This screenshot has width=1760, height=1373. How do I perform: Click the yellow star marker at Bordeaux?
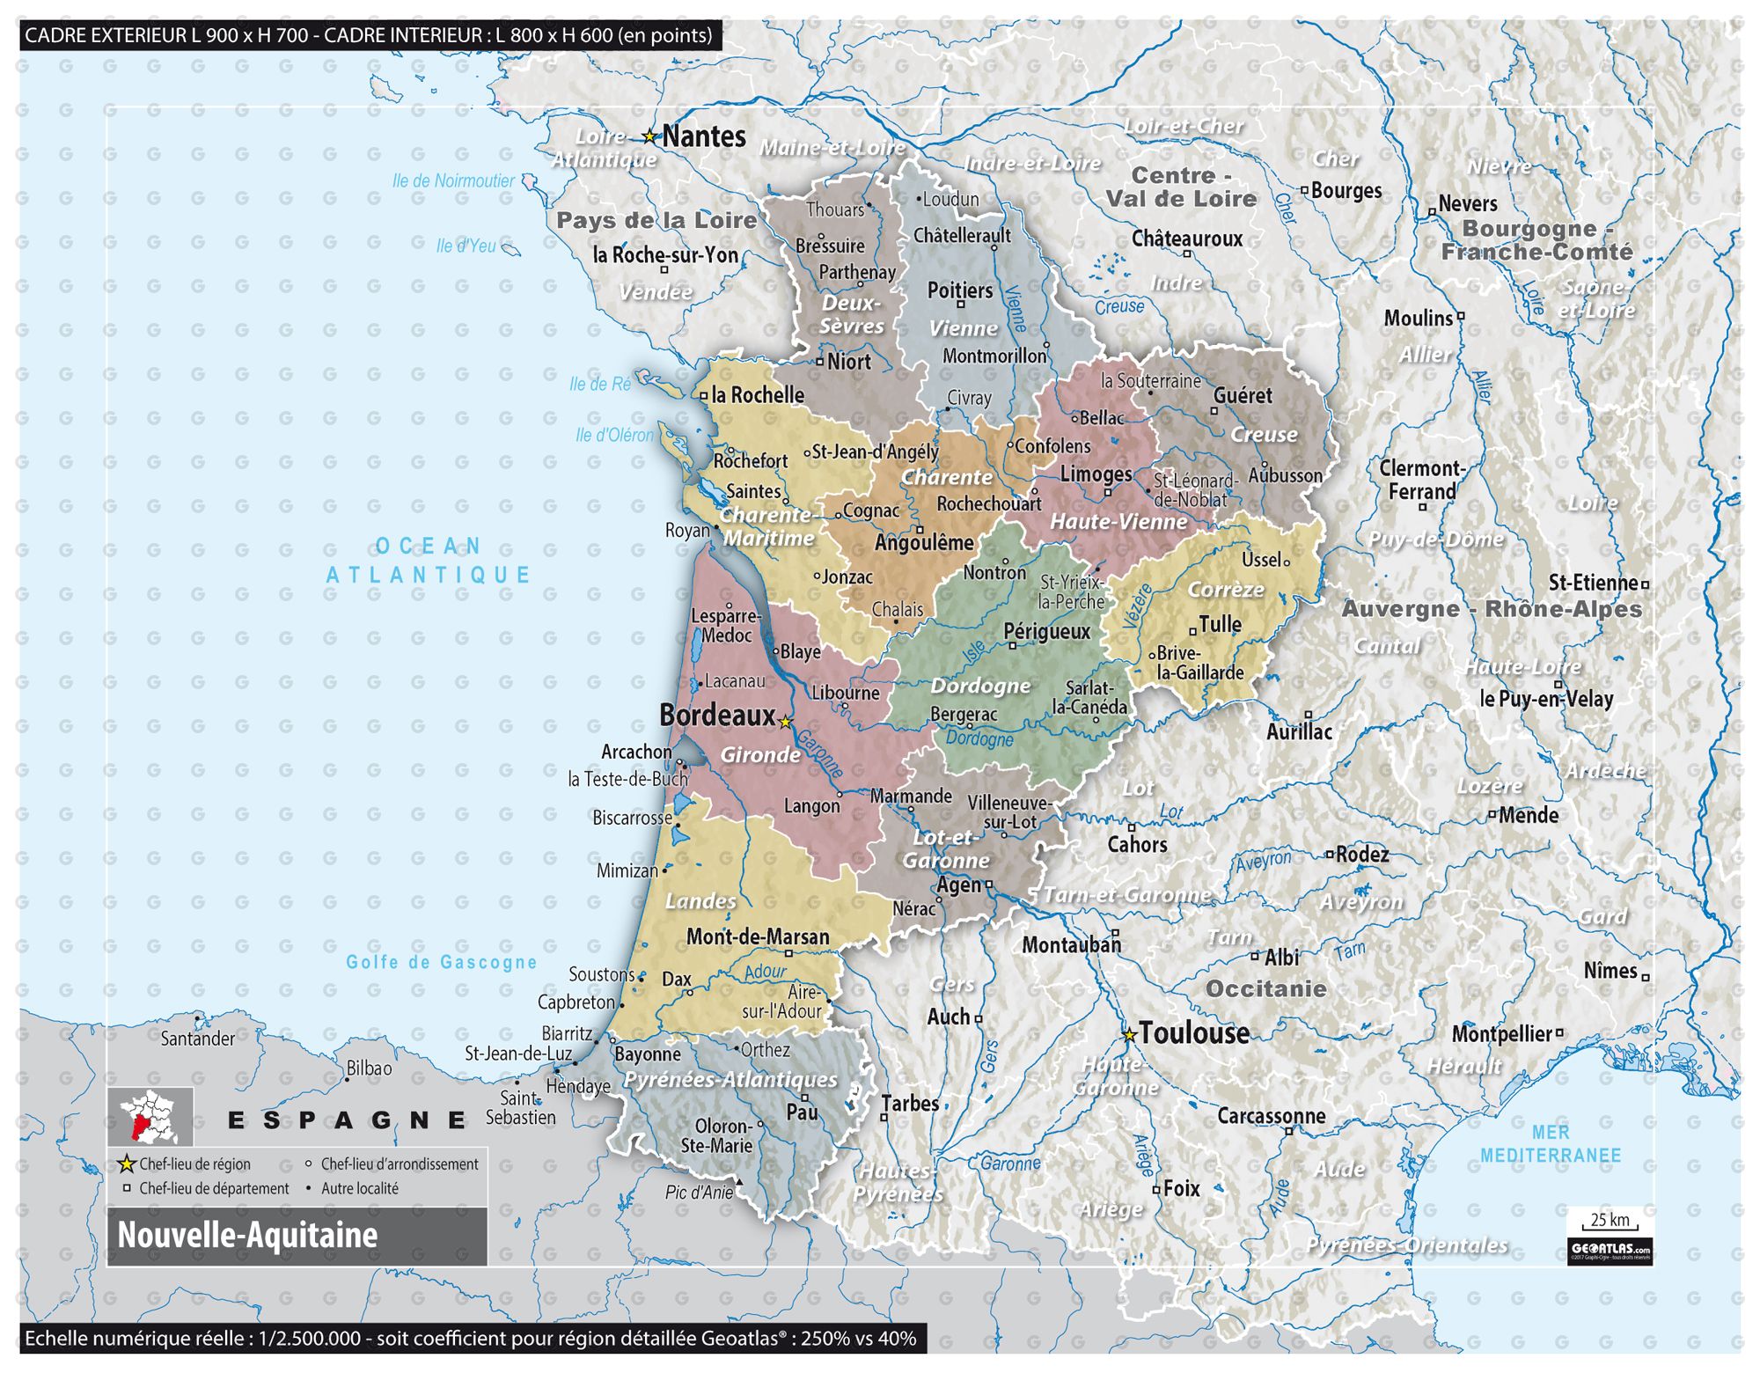786,722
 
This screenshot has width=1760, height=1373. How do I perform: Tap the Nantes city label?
703,136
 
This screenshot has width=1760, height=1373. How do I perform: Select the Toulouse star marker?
1129,1035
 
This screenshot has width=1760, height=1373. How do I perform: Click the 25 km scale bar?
1610,1223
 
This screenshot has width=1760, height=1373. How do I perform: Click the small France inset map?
150,1116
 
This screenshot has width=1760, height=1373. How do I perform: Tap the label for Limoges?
1096,474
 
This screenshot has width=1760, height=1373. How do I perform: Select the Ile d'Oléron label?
614,435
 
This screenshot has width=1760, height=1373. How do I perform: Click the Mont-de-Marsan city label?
757,936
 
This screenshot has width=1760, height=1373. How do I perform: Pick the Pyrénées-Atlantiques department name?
730,1079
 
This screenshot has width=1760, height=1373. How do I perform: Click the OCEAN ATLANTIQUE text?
429,561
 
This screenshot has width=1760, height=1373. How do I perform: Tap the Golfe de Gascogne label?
441,962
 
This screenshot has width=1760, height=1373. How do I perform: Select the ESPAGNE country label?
347,1120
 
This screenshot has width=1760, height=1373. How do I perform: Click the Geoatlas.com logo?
1610,1250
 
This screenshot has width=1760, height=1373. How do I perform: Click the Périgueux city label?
1046,631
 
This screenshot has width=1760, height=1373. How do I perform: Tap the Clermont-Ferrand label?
1420,480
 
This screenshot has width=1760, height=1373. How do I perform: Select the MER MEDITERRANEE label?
1550,1143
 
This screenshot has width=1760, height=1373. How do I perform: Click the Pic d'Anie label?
699,1193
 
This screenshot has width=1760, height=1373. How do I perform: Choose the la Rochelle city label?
757,395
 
